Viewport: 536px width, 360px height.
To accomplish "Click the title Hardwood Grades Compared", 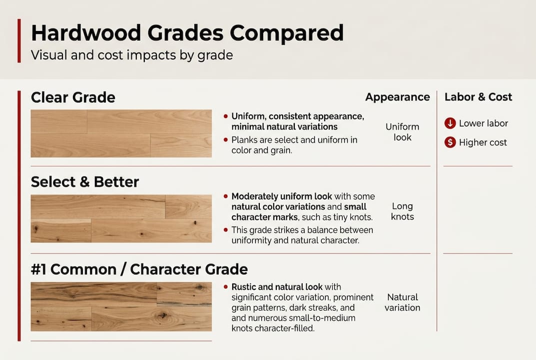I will [187, 33].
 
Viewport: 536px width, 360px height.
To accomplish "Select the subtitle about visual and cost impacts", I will [132, 54].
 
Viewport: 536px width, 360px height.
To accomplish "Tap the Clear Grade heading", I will [73, 97].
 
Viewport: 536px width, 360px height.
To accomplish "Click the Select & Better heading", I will [85, 182].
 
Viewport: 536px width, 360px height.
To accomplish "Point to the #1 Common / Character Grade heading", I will [139, 269].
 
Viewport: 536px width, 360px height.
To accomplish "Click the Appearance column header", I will [397, 97].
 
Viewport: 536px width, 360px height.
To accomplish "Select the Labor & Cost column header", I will [478, 97].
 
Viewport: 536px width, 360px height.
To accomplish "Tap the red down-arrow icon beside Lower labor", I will [450, 123].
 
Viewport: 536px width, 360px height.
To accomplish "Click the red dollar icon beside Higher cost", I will [450, 142].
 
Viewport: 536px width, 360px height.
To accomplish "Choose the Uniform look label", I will [402, 132].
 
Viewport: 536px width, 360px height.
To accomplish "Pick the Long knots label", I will [402, 211].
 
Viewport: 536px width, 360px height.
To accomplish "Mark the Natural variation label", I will [402, 302].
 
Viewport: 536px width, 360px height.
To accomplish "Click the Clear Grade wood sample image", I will [121, 133].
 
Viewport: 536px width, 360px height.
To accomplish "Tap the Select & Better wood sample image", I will [121, 218].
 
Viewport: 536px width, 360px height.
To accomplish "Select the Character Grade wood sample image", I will [121, 306].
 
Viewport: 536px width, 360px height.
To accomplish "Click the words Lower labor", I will [483, 123].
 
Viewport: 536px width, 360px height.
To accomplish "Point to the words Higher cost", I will [483, 142].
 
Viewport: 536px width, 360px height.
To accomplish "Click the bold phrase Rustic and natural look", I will [277, 287].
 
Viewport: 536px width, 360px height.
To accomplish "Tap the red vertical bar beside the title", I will [19, 41].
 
